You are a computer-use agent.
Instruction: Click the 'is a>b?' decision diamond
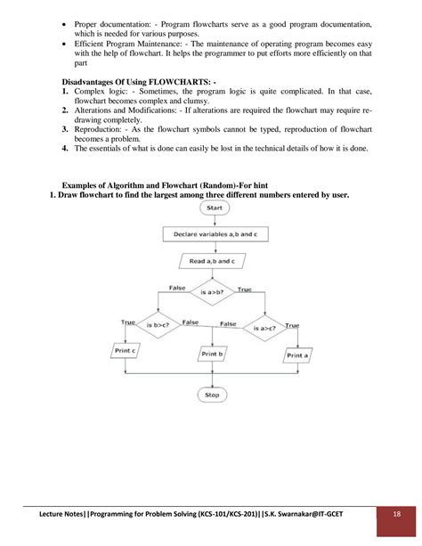[x=213, y=291]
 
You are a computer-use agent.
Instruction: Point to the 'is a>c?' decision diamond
[x=268, y=327]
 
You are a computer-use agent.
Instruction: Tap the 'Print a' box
[x=299, y=354]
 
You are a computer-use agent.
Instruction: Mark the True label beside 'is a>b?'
[x=245, y=289]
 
